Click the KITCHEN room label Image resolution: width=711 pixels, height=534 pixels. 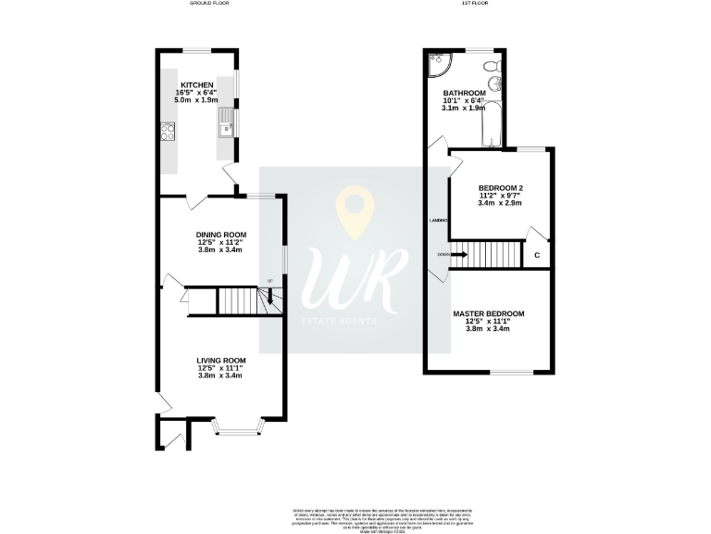pos(196,84)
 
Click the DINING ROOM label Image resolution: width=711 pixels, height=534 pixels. pos(220,235)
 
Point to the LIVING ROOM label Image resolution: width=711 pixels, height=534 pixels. pos(220,361)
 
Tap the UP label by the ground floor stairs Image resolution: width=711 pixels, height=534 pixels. pos(270,281)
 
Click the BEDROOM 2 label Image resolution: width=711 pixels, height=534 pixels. pos(501,188)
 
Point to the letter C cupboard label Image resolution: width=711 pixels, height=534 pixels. pos(537,254)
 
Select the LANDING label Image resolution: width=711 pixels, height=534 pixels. pos(439,221)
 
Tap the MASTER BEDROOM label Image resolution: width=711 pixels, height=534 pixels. pos(488,314)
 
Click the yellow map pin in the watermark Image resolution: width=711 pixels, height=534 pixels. pos(352,210)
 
